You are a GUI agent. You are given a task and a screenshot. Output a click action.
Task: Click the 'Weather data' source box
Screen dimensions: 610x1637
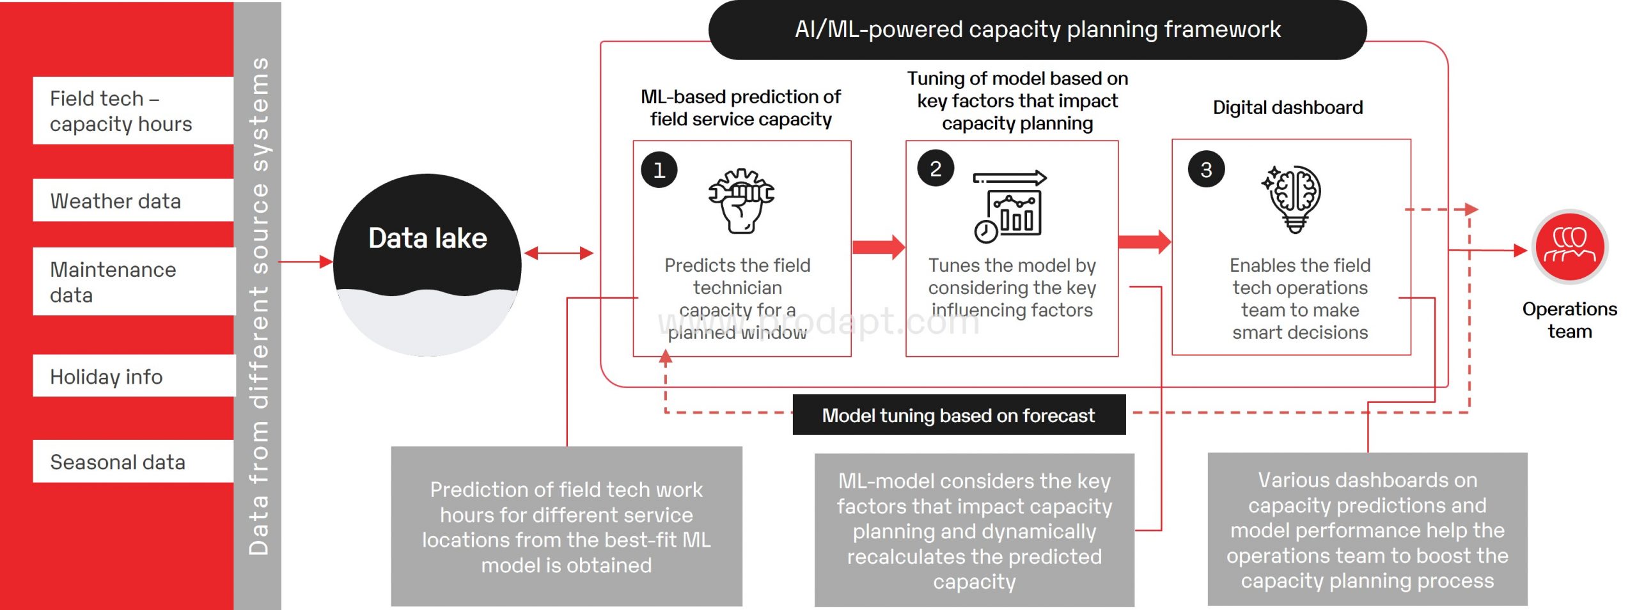point(134,201)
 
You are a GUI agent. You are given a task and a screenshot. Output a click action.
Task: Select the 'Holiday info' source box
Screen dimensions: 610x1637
point(134,376)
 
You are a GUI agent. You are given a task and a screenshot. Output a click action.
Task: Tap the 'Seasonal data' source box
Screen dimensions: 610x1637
point(134,461)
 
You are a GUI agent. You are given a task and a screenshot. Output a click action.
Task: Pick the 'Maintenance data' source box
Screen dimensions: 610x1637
point(134,281)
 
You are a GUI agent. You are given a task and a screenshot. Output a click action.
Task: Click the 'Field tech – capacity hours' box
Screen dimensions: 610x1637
point(134,111)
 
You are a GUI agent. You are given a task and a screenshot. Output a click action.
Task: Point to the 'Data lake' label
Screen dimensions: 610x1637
point(427,238)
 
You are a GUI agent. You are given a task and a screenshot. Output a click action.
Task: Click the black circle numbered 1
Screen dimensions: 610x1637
point(659,169)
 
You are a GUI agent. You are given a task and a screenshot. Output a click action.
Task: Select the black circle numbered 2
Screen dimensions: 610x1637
point(935,168)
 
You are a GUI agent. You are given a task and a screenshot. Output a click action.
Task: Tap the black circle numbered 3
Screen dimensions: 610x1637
point(1205,169)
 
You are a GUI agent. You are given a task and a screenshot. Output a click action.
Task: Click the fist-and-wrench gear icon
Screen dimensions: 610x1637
point(740,201)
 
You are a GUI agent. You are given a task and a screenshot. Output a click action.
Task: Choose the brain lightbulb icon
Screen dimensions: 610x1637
point(1293,198)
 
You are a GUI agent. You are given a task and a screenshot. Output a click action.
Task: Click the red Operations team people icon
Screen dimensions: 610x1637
point(1569,247)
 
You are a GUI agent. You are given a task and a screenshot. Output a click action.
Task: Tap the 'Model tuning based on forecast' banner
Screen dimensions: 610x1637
point(959,415)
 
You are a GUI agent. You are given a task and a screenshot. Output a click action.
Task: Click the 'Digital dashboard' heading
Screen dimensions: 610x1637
point(1287,107)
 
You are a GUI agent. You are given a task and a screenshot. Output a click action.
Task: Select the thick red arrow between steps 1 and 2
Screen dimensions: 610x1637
point(878,247)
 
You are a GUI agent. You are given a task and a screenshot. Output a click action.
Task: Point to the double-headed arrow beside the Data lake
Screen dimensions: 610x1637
point(558,253)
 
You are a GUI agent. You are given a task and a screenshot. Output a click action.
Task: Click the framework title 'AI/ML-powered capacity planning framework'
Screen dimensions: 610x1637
point(1037,29)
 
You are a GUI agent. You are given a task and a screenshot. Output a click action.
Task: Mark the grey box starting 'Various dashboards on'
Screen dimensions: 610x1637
point(1367,529)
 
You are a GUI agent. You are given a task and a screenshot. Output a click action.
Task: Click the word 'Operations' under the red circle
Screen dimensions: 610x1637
point(1569,309)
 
